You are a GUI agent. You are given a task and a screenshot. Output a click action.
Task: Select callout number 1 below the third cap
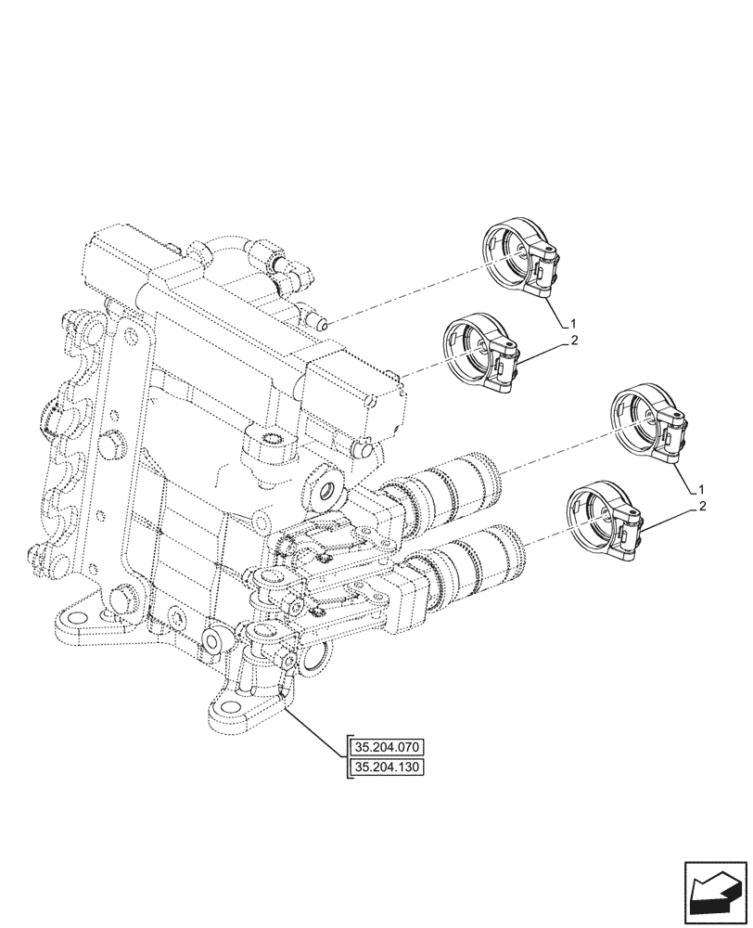point(702,488)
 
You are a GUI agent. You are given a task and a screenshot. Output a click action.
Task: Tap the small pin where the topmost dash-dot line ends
point(322,322)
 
